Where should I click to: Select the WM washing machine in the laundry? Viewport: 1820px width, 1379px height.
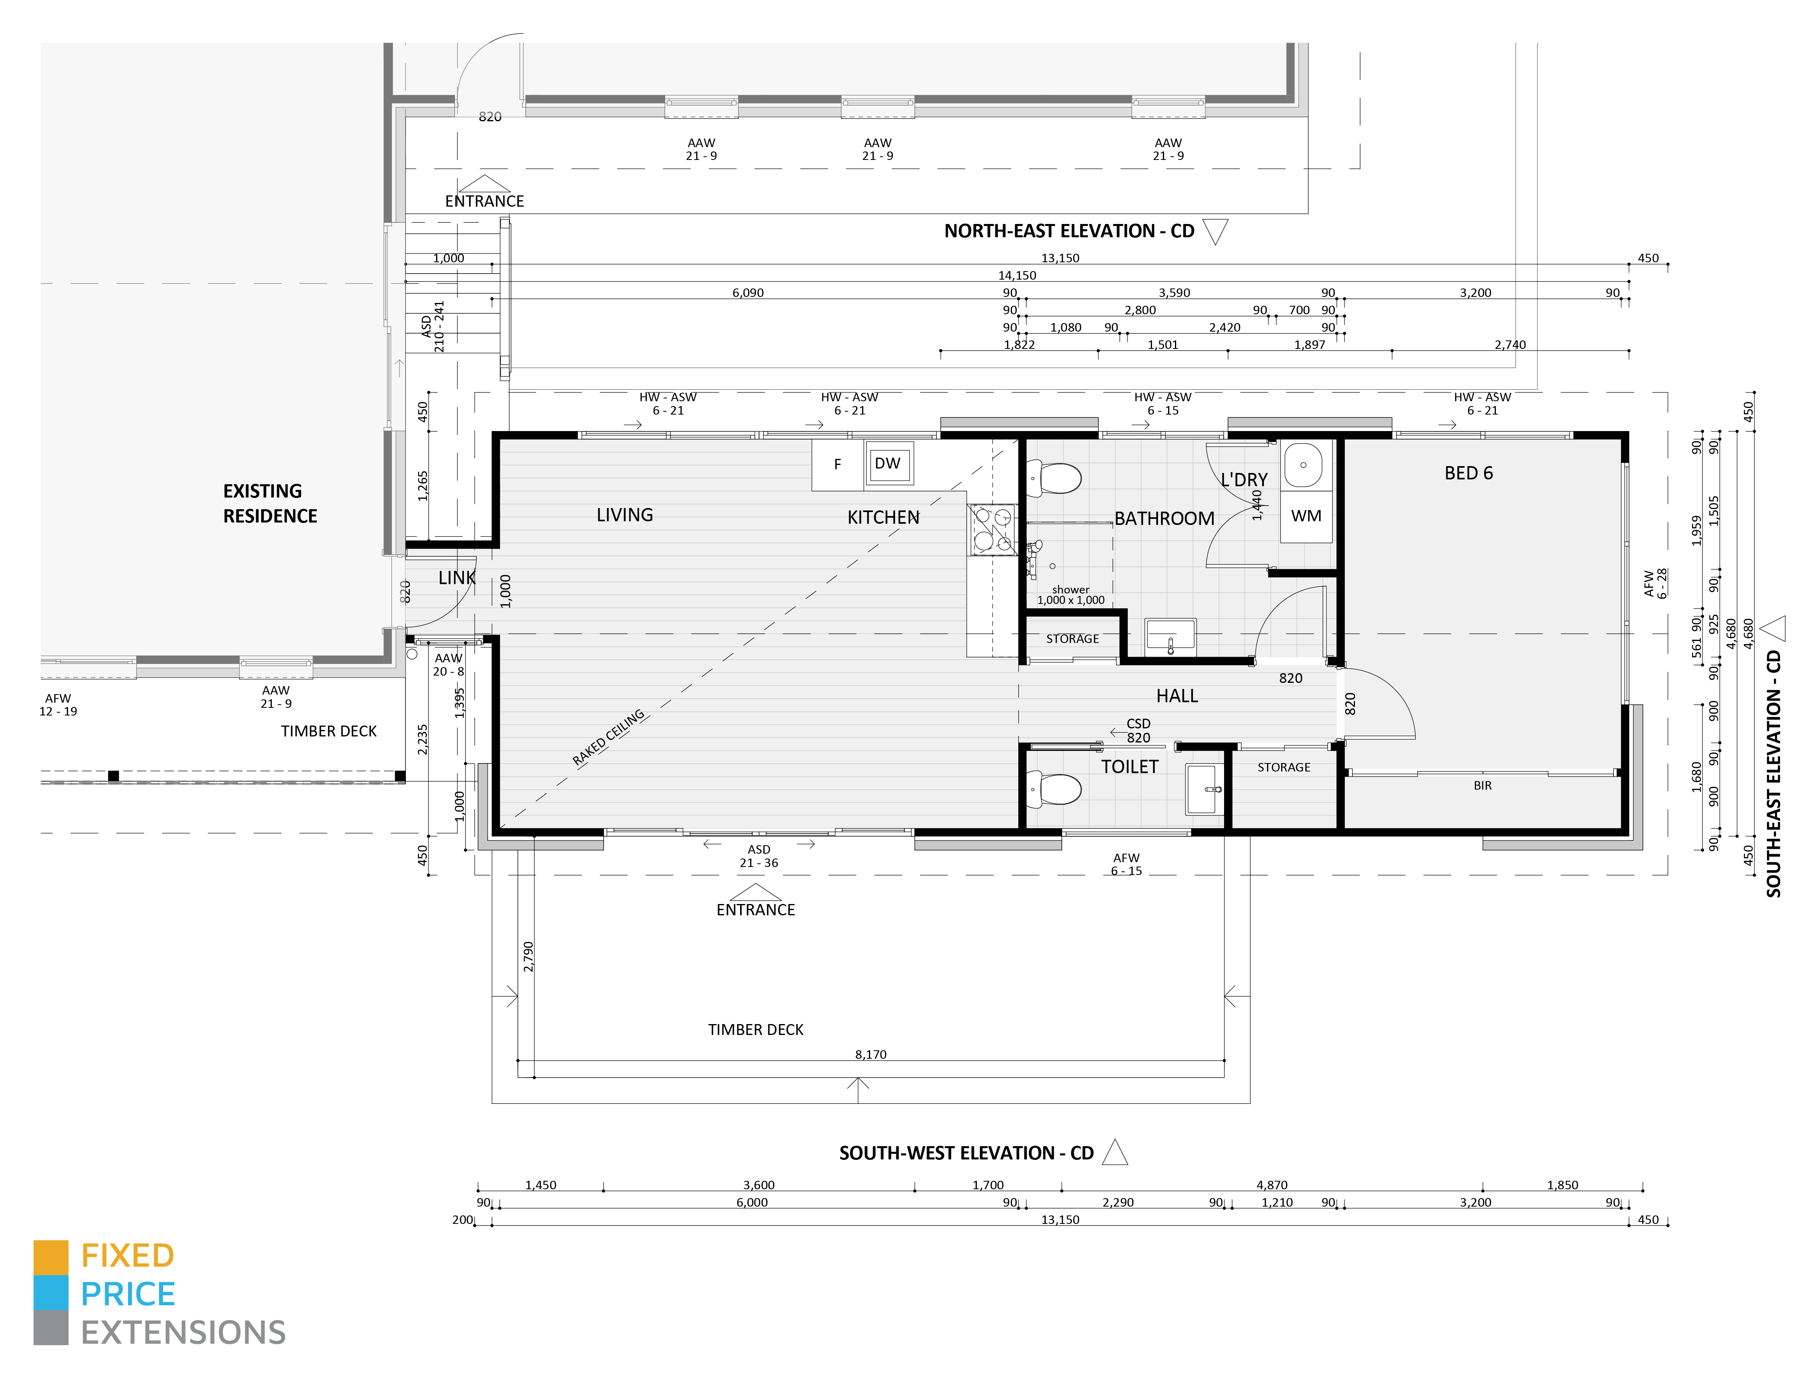tap(1306, 516)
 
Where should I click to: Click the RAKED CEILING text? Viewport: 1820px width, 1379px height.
tap(609, 738)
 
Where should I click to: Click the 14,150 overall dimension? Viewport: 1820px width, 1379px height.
tap(1017, 275)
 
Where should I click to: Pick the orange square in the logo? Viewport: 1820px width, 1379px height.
tap(50, 1257)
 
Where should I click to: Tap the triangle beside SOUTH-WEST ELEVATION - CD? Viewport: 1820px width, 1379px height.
tap(1115, 1152)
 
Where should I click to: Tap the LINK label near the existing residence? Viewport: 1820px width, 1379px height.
tap(457, 578)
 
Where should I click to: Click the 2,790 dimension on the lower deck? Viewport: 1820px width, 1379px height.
tap(528, 957)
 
